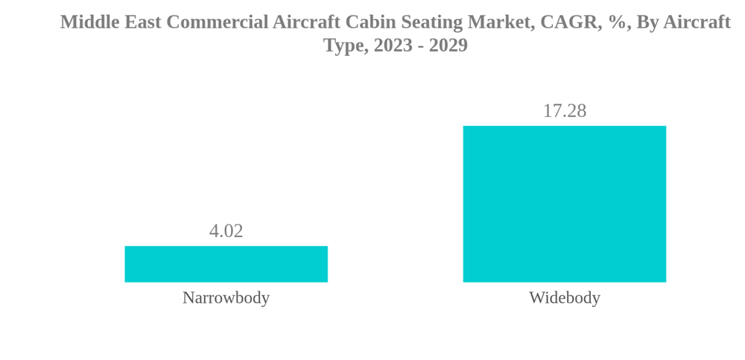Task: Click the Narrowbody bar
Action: pos(226,264)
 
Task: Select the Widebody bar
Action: pos(564,203)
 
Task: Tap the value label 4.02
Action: pos(226,231)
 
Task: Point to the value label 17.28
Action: pos(564,111)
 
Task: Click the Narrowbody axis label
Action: pos(226,297)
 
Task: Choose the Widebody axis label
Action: pos(564,297)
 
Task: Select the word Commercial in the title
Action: pos(217,22)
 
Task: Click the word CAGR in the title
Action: pos(570,22)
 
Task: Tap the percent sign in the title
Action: pos(618,22)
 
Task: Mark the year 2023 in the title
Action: pos(393,45)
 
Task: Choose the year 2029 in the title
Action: pos(448,45)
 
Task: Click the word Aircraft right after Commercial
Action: pos(306,22)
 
